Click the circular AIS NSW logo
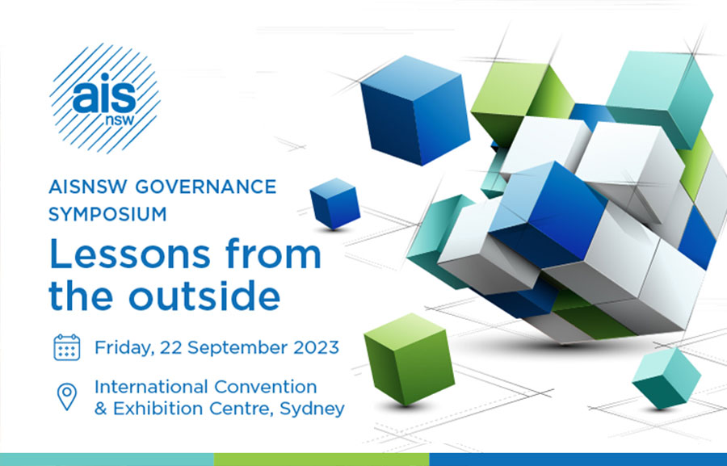(105, 99)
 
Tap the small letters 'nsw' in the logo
(120, 120)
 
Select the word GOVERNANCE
(206, 187)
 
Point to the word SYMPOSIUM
(107, 214)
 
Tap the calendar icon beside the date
(67, 347)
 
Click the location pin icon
(67, 397)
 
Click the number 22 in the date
(171, 347)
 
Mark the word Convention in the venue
(266, 387)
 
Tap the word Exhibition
(158, 409)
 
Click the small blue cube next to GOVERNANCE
(334, 204)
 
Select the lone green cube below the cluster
(409, 359)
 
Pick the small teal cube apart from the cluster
(666, 378)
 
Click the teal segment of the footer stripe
(107, 460)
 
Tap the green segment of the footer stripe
(321, 460)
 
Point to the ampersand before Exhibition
(101, 409)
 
